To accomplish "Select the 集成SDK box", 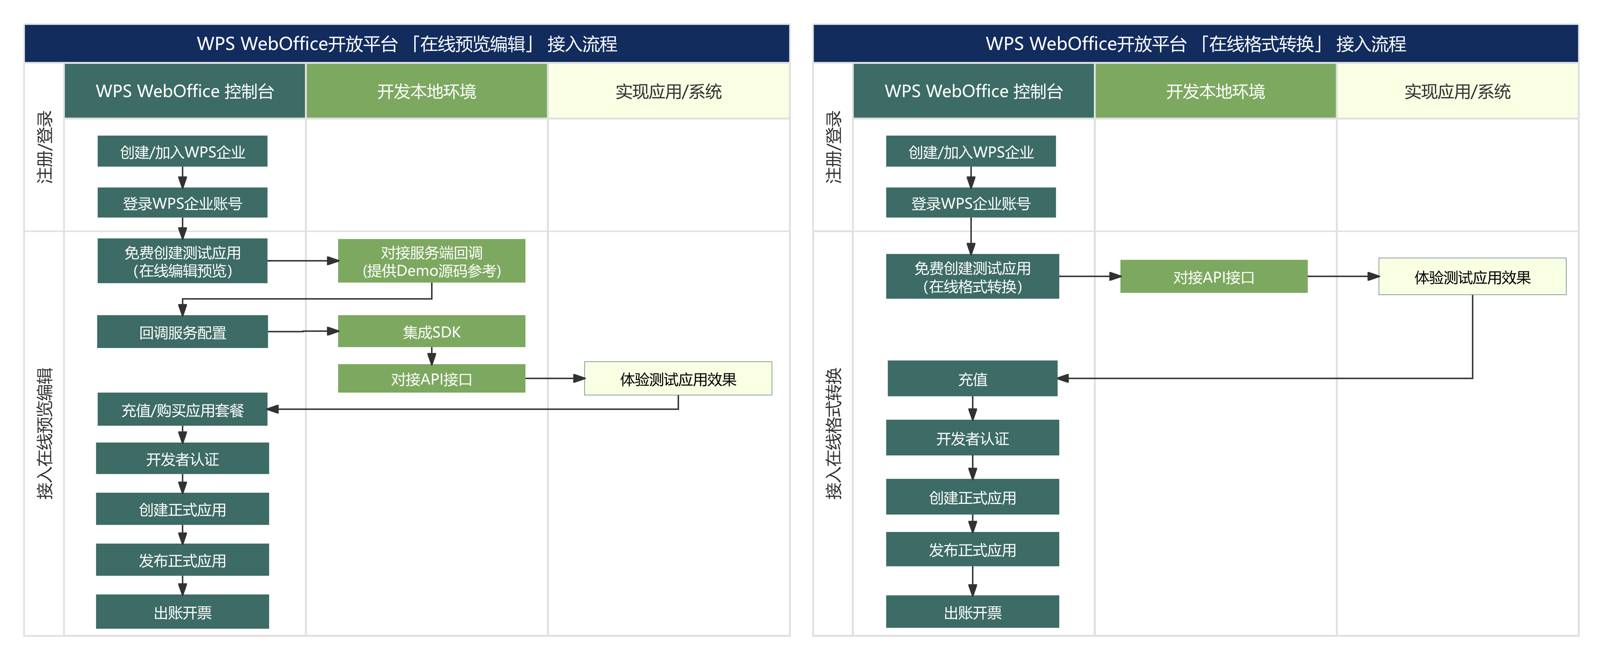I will tap(431, 332).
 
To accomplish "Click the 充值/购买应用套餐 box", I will tap(182, 409).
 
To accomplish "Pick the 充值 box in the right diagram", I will tap(972, 378).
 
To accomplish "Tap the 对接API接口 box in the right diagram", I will tap(1214, 277).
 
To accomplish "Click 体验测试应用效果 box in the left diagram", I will tap(678, 379).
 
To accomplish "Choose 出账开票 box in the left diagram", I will tap(182, 612).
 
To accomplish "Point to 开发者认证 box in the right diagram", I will tap(972, 438).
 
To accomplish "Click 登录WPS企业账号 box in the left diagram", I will tap(182, 203).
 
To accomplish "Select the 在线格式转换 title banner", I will tap(1195, 44).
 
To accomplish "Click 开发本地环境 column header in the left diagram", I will tap(426, 91).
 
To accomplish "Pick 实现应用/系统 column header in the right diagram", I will tap(1457, 91).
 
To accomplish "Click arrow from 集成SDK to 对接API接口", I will tap(431, 356).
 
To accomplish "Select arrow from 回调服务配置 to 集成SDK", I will tap(303, 332).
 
